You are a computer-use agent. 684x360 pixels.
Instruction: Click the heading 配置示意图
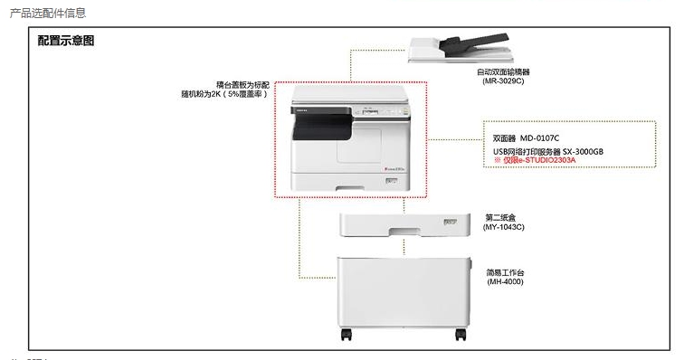(x=66, y=42)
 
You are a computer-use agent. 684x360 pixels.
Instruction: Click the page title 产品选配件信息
(x=47, y=13)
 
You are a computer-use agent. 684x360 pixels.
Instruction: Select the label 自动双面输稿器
(x=503, y=71)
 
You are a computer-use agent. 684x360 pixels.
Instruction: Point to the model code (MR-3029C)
(x=503, y=81)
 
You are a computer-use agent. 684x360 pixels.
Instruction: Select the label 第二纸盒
(x=504, y=217)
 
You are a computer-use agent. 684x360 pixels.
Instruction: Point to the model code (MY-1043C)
(x=504, y=227)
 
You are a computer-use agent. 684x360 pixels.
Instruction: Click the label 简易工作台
(x=505, y=272)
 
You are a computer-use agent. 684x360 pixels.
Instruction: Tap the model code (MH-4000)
(x=505, y=282)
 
